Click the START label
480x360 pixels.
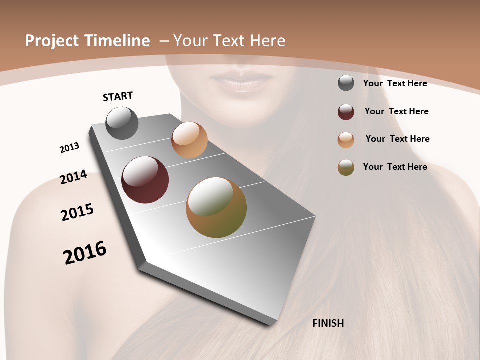point(118,96)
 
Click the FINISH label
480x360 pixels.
point(328,323)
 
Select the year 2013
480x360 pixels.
point(70,148)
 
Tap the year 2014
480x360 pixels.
point(74,177)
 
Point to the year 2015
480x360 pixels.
point(77,212)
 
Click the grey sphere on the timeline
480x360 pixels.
point(122,123)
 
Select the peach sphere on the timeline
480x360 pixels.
point(189,140)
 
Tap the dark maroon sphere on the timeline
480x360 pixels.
point(145,180)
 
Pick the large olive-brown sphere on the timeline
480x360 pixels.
point(216,207)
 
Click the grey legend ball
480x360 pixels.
point(346,83)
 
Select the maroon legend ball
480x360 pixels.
point(346,112)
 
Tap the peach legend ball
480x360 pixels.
point(346,140)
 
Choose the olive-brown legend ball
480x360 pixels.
point(346,167)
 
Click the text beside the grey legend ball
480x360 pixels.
point(395,83)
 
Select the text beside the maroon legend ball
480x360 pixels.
point(396,111)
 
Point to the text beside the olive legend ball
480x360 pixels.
point(395,167)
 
